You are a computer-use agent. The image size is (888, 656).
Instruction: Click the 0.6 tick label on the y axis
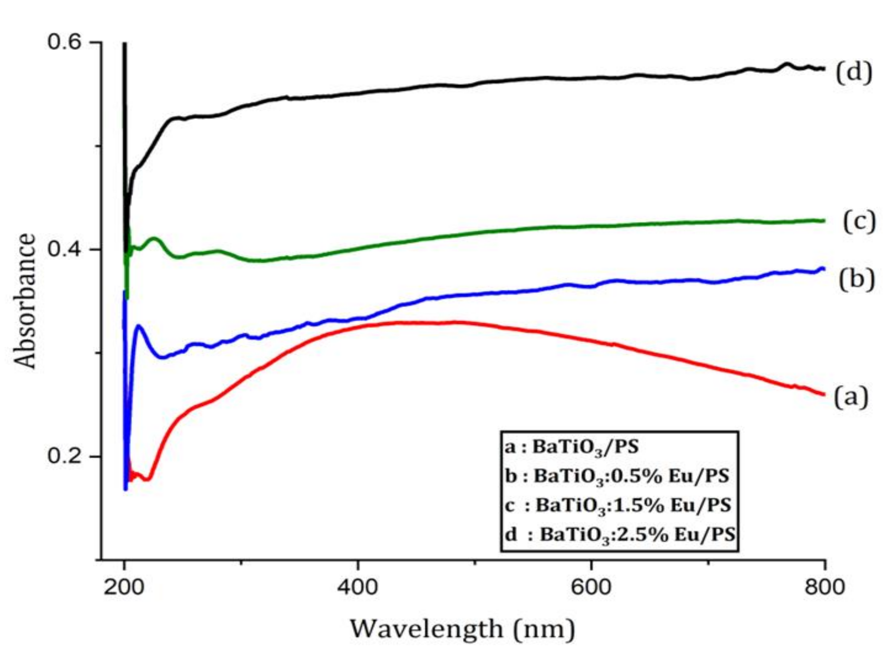click(65, 43)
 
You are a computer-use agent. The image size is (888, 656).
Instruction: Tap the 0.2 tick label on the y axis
click(65, 456)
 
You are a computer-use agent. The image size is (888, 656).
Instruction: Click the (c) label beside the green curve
click(859, 222)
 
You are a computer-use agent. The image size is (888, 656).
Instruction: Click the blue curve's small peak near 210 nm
click(138, 326)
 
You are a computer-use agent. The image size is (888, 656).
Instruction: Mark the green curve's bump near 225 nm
click(155, 239)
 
